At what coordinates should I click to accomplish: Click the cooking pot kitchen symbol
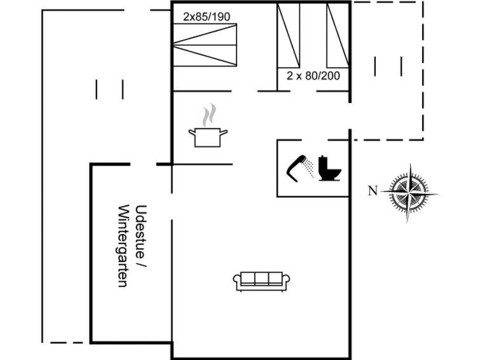point(208,137)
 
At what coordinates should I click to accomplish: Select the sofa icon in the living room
point(261,281)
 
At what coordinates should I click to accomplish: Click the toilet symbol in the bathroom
point(329,169)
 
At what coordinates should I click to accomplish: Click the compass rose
point(409,193)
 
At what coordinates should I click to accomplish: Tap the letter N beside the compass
point(373,191)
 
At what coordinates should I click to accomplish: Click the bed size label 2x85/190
point(207,17)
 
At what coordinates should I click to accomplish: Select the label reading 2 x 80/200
point(313,76)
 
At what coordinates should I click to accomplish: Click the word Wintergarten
point(123,246)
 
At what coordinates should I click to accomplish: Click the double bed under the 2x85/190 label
point(205,45)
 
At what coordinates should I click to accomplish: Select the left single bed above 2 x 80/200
point(288,35)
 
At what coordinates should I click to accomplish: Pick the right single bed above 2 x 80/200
point(338,35)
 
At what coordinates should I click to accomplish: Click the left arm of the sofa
point(238,282)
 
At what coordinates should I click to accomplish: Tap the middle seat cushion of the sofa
point(261,278)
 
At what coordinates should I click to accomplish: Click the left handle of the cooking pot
point(192,133)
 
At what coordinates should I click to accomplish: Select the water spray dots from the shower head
point(310,167)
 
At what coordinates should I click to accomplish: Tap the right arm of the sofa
point(285,282)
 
